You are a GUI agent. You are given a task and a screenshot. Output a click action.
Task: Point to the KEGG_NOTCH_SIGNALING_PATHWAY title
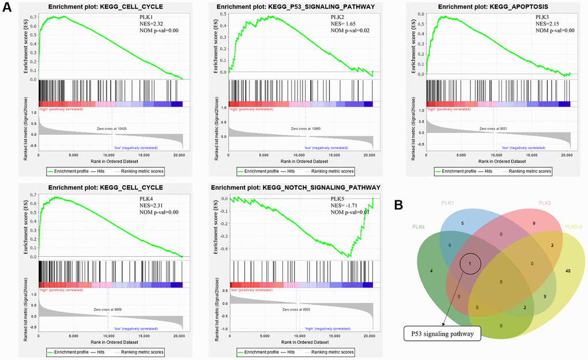tap(296, 188)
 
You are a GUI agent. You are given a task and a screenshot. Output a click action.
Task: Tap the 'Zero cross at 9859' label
tap(108, 310)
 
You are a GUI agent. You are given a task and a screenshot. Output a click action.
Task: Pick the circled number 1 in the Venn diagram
tap(470, 264)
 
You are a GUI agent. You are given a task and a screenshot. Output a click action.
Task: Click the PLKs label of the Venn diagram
tap(418, 227)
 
